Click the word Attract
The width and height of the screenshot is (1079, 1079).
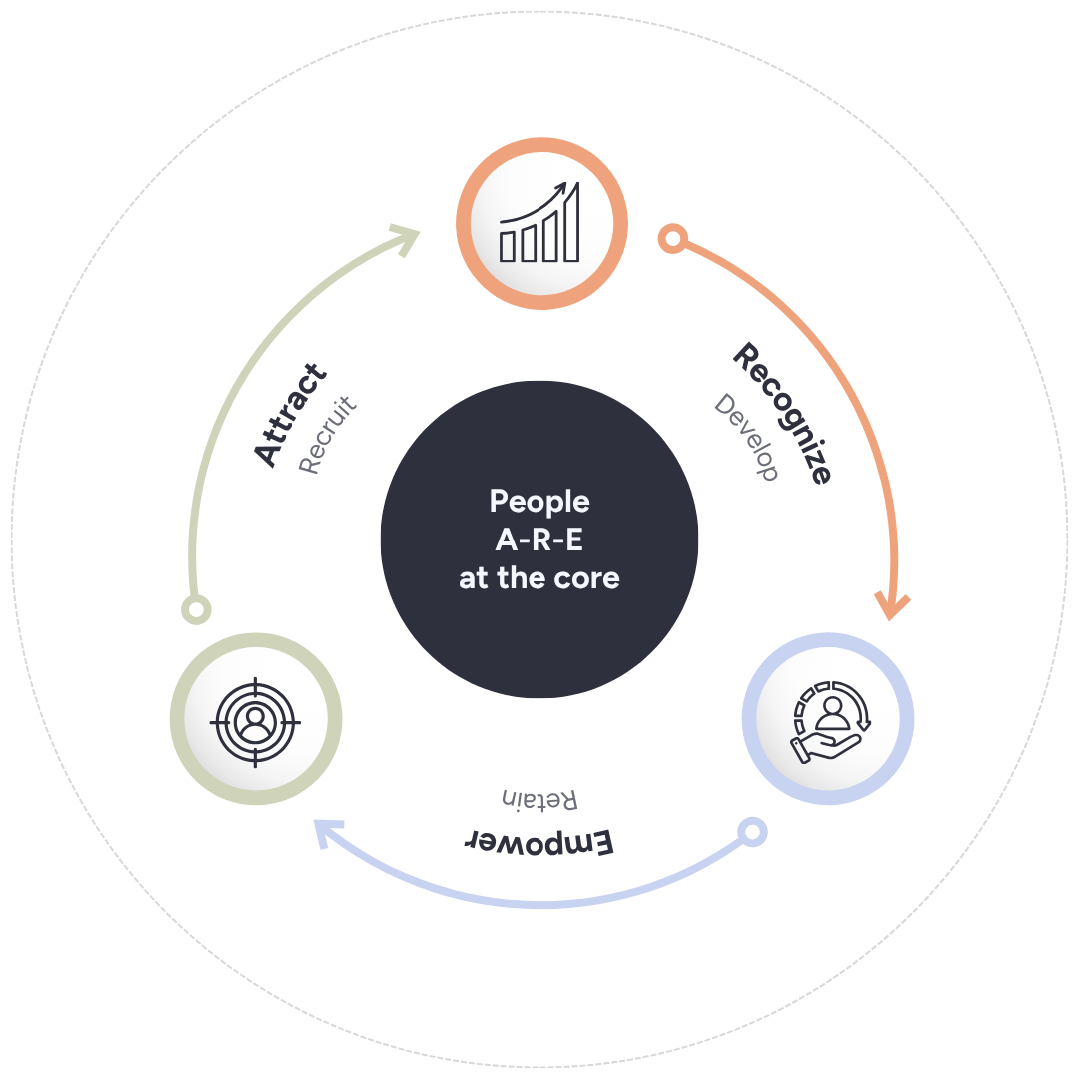[291, 415]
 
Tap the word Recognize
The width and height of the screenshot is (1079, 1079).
[782, 414]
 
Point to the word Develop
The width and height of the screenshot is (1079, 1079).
[746, 437]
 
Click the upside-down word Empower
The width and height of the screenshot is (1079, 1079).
[539, 841]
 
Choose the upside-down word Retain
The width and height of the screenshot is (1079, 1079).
[539, 799]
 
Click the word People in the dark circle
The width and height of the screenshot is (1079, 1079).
[539, 501]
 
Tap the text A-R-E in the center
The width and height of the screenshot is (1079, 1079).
[539, 539]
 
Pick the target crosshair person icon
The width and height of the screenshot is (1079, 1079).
[256, 719]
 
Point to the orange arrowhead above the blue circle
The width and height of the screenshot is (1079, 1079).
[892, 604]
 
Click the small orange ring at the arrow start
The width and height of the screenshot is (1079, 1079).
[673, 239]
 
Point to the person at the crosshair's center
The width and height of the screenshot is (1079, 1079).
[256, 719]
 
